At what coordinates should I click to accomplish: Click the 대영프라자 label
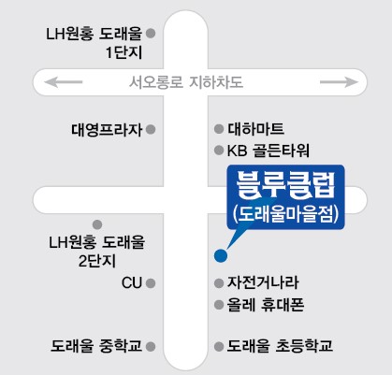click(x=107, y=130)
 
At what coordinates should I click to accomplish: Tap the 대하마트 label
click(x=255, y=129)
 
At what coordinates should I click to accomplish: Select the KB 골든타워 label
click(x=269, y=151)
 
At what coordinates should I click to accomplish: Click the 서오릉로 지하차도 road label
click(x=186, y=82)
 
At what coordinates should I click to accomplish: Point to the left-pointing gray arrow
click(x=64, y=82)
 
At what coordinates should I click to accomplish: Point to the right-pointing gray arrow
click(x=339, y=82)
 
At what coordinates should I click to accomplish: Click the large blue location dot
click(x=221, y=256)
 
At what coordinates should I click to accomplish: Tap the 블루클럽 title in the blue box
click(x=285, y=185)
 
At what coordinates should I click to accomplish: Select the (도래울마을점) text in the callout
click(x=285, y=214)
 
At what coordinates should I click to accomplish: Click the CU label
click(x=132, y=283)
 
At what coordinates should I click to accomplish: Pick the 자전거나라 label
click(x=263, y=282)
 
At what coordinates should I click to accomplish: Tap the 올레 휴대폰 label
click(x=266, y=305)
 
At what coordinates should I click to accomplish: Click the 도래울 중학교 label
click(x=96, y=346)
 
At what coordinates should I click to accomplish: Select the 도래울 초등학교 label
click(x=280, y=346)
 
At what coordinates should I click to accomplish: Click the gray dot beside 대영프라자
click(x=151, y=129)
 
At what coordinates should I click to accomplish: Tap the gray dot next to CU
click(x=151, y=283)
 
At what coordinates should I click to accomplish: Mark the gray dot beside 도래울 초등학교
click(x=219, y=346)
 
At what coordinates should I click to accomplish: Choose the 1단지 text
click(x=123, y=52)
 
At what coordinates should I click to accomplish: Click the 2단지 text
click(x=97, y=261)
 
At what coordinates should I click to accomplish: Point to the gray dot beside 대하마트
click(x=219, y=129)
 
